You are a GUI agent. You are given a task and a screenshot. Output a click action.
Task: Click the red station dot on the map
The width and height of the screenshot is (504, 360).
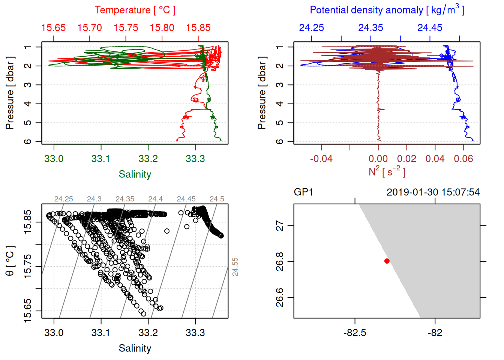coord(387,261)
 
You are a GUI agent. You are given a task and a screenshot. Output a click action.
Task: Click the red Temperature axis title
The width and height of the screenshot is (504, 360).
coord(135,10)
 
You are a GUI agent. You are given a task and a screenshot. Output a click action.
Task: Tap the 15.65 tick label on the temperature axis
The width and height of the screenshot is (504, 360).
coord(53,28)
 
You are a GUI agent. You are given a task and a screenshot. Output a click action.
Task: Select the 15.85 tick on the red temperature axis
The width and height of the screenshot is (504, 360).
coord(198,28)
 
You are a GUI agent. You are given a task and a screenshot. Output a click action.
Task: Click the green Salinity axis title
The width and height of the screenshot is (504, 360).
coord(135,174)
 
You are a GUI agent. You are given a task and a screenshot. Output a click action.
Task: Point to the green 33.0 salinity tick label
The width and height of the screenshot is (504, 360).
coord(54,159)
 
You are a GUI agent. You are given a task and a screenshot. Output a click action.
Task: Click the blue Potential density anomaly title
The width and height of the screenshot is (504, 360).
coord(387,10)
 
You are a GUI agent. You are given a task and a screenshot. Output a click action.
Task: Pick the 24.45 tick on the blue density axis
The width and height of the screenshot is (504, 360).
coord(430,28)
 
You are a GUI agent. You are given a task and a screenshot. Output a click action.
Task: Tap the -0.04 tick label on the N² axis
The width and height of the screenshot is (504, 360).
coord(321,159)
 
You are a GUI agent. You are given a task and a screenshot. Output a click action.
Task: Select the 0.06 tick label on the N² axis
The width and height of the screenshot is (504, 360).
coord(463,159)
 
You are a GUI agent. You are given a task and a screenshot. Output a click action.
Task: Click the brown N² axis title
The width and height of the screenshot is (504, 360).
coord(387,172)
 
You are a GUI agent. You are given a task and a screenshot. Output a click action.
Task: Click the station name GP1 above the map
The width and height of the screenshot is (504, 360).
coord(303,192)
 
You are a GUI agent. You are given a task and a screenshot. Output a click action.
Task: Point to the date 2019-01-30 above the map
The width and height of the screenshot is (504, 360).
coord(412,192)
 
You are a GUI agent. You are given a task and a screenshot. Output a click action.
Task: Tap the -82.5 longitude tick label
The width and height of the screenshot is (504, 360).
coord(355,333)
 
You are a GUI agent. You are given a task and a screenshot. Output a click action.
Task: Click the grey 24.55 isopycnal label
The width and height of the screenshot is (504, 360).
coord(235,267)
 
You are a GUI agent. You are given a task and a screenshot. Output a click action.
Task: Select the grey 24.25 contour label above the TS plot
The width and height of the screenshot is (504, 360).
coord(63,199)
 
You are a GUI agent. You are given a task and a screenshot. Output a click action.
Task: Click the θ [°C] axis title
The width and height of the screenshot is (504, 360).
coord(10,261)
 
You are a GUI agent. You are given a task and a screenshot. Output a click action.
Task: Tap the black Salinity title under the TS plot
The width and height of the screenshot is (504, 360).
coord(135,348)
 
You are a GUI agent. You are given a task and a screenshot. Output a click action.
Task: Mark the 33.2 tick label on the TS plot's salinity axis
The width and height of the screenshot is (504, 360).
coord(148,333)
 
